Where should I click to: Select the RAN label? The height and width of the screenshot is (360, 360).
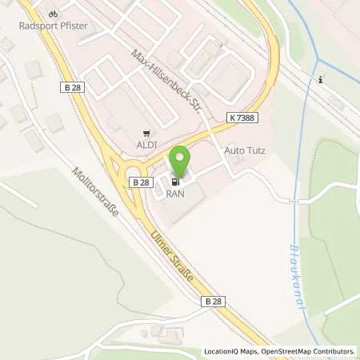175,193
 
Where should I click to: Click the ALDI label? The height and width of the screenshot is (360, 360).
146,145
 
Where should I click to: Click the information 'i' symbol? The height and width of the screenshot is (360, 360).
320,78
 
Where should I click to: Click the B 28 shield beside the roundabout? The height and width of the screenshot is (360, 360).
140,182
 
